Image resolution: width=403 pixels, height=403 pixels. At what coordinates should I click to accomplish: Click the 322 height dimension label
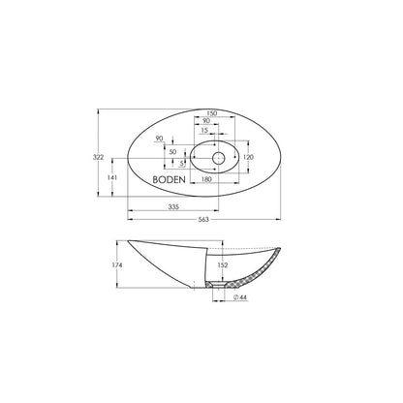point(98,157)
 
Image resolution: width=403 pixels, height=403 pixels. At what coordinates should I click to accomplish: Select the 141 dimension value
point(112,177)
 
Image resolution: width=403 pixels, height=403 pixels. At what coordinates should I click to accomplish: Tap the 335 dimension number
point(173,207)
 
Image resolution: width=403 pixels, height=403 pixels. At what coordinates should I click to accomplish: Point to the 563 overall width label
point(203,220)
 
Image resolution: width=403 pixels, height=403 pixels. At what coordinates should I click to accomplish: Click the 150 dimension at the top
point(211,113)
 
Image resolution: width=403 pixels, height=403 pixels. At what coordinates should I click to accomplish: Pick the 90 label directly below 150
point(206,121)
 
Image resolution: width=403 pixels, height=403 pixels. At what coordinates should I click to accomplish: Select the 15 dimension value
point(204,130)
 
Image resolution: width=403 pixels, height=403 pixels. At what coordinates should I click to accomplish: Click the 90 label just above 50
point(159,139)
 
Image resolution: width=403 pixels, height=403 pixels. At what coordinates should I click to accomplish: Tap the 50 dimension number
point(173,152)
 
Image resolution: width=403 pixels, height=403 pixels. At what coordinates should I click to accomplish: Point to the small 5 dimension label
point(182,164)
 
